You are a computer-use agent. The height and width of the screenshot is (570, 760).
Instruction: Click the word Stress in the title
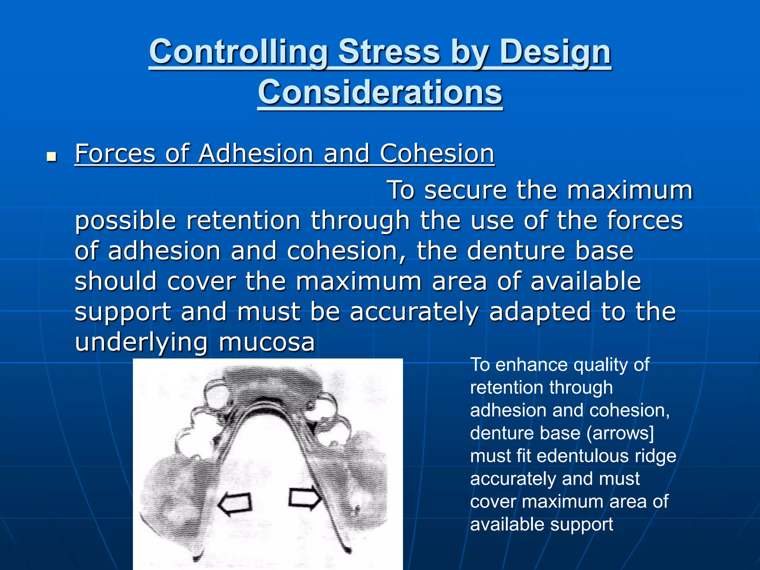389,52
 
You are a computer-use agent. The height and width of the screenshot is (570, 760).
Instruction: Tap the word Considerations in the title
380,92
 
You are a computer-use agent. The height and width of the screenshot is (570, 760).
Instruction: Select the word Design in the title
555,52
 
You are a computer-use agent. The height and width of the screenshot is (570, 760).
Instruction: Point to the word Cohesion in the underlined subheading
437,153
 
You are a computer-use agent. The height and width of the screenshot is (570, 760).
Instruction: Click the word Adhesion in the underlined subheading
256,153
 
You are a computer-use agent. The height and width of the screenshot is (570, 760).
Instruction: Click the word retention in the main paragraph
243,220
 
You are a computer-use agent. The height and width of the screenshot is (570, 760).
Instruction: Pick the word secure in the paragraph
465,190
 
